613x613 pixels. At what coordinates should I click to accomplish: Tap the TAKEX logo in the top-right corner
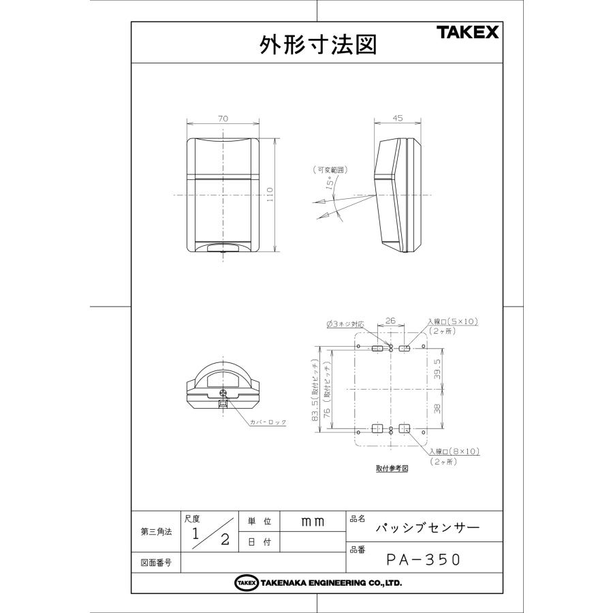pos(467,33)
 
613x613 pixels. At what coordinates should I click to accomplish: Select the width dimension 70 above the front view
pos(223,119)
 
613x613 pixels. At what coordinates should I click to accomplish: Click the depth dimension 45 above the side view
pos(398,118)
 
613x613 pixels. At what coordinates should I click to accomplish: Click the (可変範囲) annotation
pos(330,169)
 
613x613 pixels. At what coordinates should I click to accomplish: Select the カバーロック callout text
pos(268,422)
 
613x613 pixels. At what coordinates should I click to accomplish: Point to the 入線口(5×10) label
pos(454,321)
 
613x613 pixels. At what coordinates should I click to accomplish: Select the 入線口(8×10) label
pos(454,452)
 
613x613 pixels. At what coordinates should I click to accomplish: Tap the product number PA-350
pos(424,560)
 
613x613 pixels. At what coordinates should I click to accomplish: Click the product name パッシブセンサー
pos(428,528)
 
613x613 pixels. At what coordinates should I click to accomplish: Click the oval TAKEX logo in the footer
pos(246,583)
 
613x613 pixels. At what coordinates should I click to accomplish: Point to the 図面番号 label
pos(155,563)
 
